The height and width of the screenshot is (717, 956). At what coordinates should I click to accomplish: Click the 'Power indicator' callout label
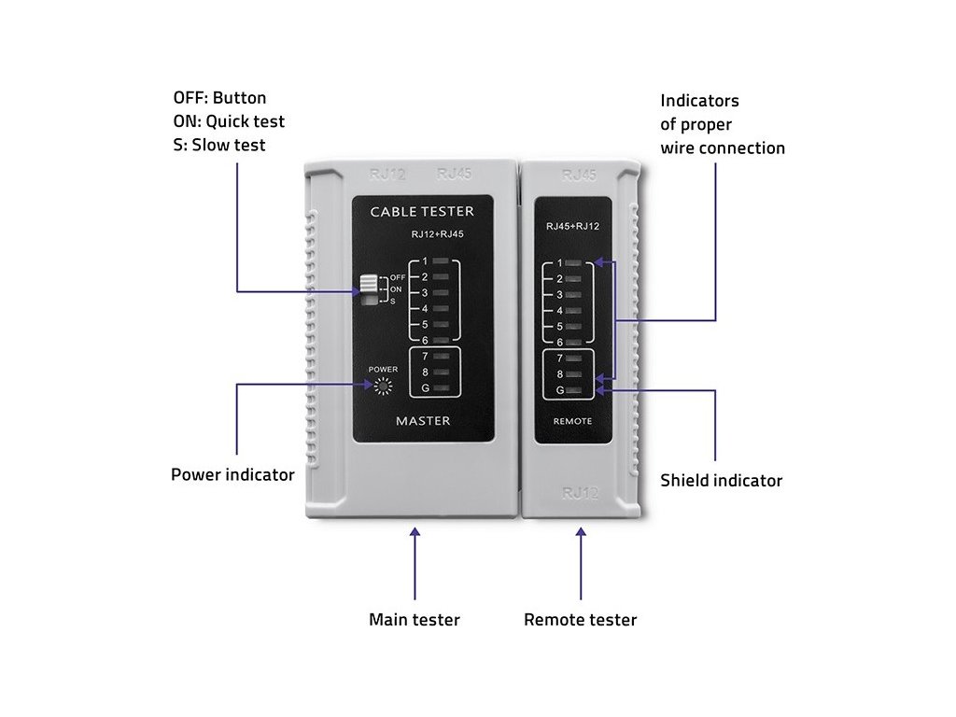(x=232, y=474)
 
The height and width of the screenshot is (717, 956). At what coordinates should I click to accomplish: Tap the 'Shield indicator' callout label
(x=721, y=481)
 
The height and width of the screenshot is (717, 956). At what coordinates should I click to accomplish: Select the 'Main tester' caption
(x=415, y=619)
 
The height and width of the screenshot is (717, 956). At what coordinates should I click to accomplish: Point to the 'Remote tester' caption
(x=580, y=619)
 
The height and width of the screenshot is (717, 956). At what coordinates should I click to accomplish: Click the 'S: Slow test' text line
(x=218, y=145)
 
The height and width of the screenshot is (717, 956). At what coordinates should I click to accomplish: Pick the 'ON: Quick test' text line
(x=229, y=121)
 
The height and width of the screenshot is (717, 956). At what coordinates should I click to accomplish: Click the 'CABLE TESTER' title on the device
(x=422, y=212)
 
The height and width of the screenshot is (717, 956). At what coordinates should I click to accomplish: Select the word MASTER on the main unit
(x=423, y=421)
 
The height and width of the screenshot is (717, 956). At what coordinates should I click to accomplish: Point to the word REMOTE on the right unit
(x=573, y=422)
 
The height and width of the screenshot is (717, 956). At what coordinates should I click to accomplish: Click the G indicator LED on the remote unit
(x=573, y=390)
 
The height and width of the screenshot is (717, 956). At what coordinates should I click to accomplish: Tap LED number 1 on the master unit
(x=442, y=261)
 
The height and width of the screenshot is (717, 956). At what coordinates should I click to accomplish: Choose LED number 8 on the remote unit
(x=573, y=374)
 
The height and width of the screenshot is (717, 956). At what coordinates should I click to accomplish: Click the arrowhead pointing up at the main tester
(x=415, y=533)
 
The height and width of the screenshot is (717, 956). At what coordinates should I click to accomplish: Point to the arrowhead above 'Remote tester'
(x=581, y=533)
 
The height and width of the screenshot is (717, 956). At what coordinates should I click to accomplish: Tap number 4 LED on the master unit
(x=442, y=309)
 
